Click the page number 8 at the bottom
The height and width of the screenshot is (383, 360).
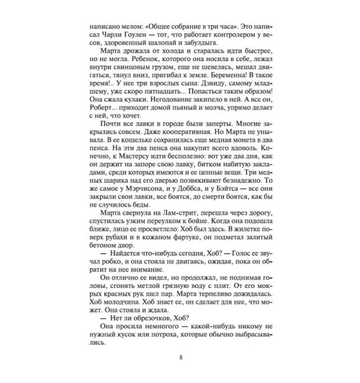tap(180, 354)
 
